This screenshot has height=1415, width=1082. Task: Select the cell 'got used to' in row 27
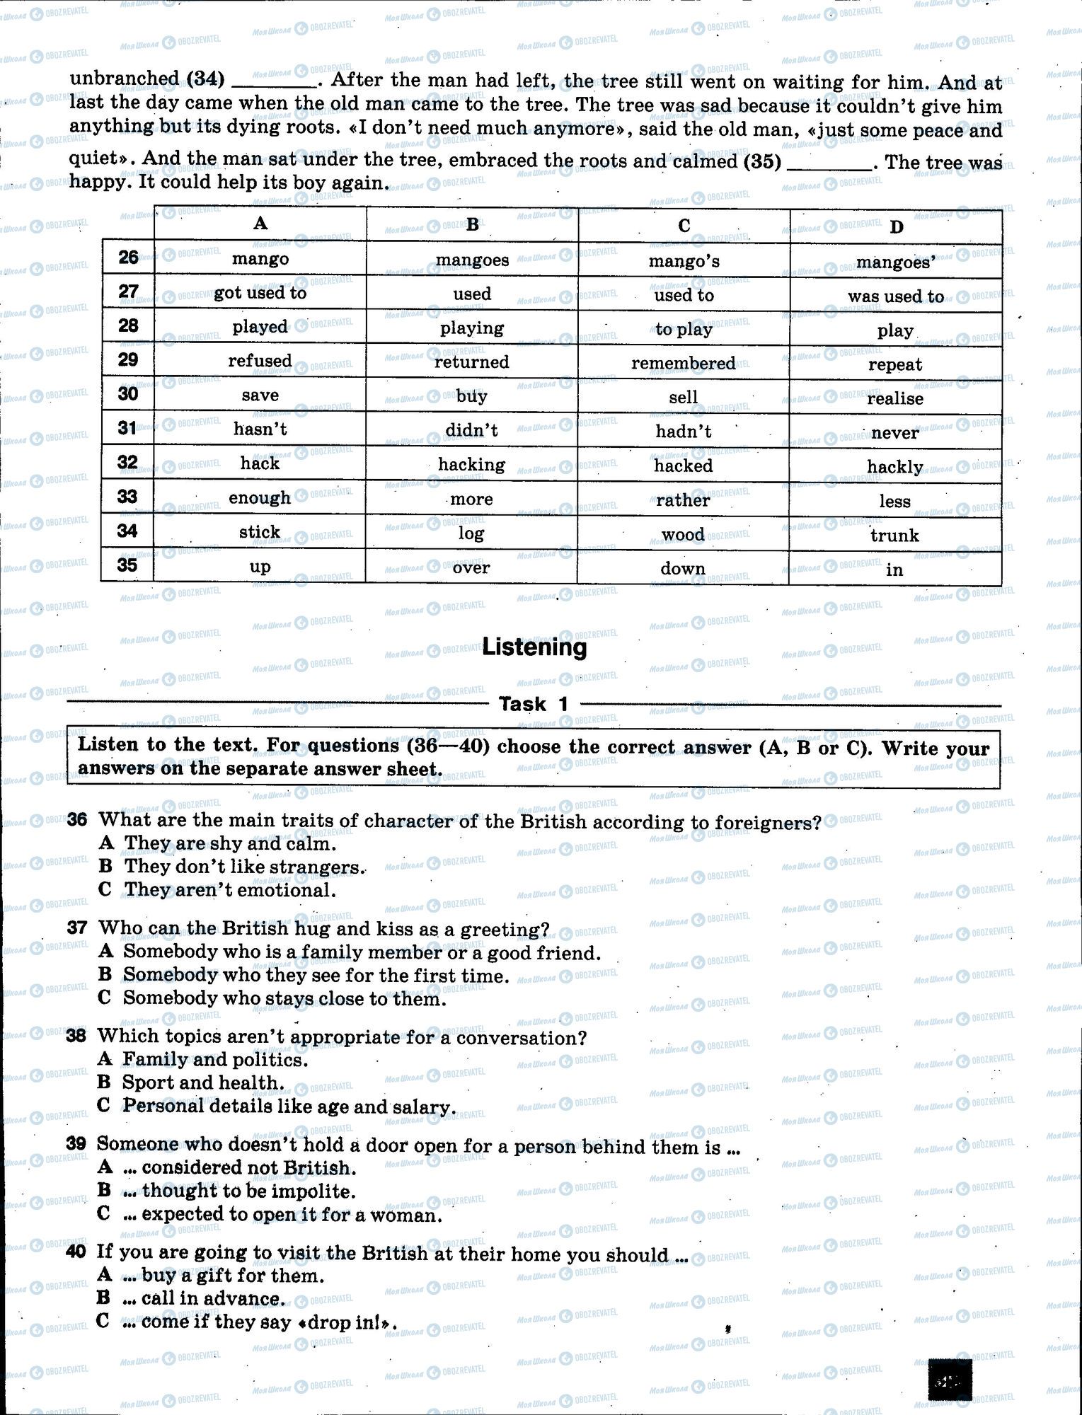[260, 293]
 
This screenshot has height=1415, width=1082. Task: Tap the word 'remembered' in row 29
[683, 364]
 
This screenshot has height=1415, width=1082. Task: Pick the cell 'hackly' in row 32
[894, 467]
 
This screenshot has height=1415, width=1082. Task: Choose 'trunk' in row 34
[894, 536]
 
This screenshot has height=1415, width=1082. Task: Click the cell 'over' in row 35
[471, 567]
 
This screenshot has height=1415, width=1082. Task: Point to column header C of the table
[684, 226]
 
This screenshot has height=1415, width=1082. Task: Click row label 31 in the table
[127, 428]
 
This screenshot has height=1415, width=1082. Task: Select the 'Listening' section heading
[534, 647]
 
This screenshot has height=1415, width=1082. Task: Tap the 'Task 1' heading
[534, 704]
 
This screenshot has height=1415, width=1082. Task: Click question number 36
[77, 820]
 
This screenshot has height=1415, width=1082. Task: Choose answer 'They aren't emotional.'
[229, 890]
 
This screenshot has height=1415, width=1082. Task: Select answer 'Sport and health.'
[203, 1082]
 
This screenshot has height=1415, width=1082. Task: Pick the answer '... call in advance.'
[213, 1299]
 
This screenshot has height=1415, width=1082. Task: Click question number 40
[76, 1252]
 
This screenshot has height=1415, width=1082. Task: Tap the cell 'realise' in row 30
[894, 399]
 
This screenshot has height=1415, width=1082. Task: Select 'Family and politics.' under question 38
[215, 1060]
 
